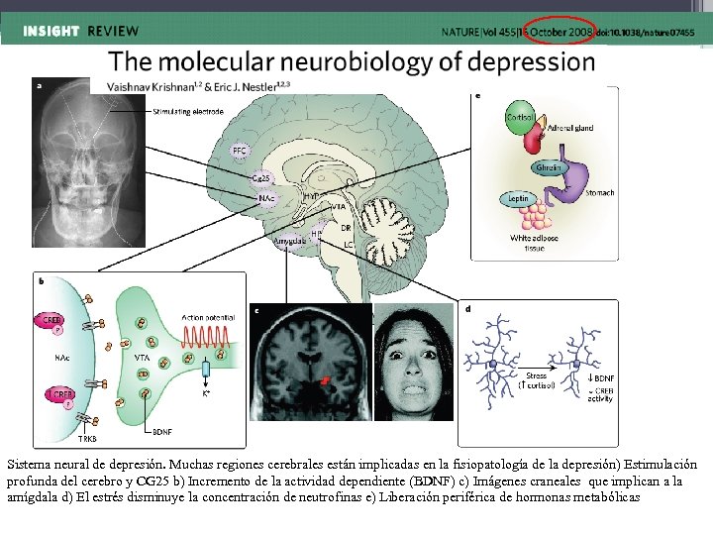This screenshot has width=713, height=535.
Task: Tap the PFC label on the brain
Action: (x=240, y=151)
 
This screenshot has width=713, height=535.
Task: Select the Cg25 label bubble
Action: (x=262, y=178)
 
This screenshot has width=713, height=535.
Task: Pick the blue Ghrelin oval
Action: (x=550, y=168)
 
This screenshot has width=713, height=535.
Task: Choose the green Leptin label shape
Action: (x=515, y=200)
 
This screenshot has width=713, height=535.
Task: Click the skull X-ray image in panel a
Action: (x=70, y=174)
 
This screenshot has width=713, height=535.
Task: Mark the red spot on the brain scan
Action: (x=324, y=381)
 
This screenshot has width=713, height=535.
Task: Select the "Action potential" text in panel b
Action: (x=208, y=317)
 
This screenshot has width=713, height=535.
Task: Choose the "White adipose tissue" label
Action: (x=536, y=244)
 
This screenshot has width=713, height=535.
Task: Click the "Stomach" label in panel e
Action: (x=598, y=193)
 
